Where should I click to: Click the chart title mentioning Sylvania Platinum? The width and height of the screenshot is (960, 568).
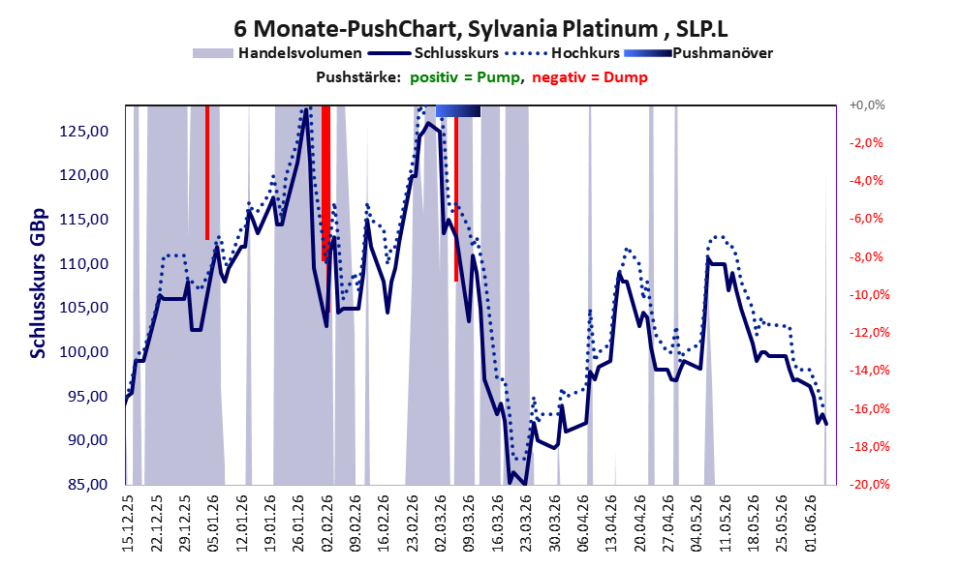point(480,28)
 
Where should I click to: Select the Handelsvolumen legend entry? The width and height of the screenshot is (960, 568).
point(277,53)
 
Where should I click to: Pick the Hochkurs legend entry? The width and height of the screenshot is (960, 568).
point(563,53)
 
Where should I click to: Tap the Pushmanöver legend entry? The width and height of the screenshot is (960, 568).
point(698,53)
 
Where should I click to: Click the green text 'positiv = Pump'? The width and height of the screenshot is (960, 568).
point(466,77)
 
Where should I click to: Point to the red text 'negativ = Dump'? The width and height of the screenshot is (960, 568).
point(590,77)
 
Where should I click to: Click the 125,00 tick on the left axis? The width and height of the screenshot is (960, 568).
point(84,131)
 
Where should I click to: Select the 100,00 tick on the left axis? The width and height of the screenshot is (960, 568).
point(84,351)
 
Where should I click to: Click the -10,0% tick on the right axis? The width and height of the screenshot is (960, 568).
point(866,295)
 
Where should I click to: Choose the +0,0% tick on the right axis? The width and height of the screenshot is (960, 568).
point(867,105)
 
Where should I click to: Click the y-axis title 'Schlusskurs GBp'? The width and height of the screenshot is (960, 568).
point(38,284)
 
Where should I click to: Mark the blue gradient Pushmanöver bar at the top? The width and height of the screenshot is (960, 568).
point(458,110)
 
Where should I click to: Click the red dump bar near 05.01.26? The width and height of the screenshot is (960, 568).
point(207,172)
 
